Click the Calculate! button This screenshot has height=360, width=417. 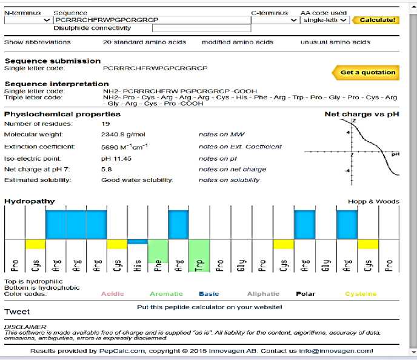coord(376,20)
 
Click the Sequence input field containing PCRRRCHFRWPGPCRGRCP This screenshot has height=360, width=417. coord(151,20)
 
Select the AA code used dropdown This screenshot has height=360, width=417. coord(325,20)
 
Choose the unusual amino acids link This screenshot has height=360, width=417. coord(335,42)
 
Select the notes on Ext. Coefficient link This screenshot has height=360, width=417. coord(240,147)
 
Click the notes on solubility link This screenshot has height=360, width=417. coord(229,180)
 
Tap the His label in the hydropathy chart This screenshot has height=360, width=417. coord(138,265)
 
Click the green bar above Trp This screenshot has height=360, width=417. coord(199,250)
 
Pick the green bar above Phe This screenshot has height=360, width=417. coord(158,250)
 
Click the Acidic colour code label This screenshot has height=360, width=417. coord(112,294)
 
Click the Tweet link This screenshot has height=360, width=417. coord(17,312)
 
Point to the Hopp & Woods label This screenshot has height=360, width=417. coord(373,201)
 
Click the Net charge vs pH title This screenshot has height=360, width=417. coord(361,114)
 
